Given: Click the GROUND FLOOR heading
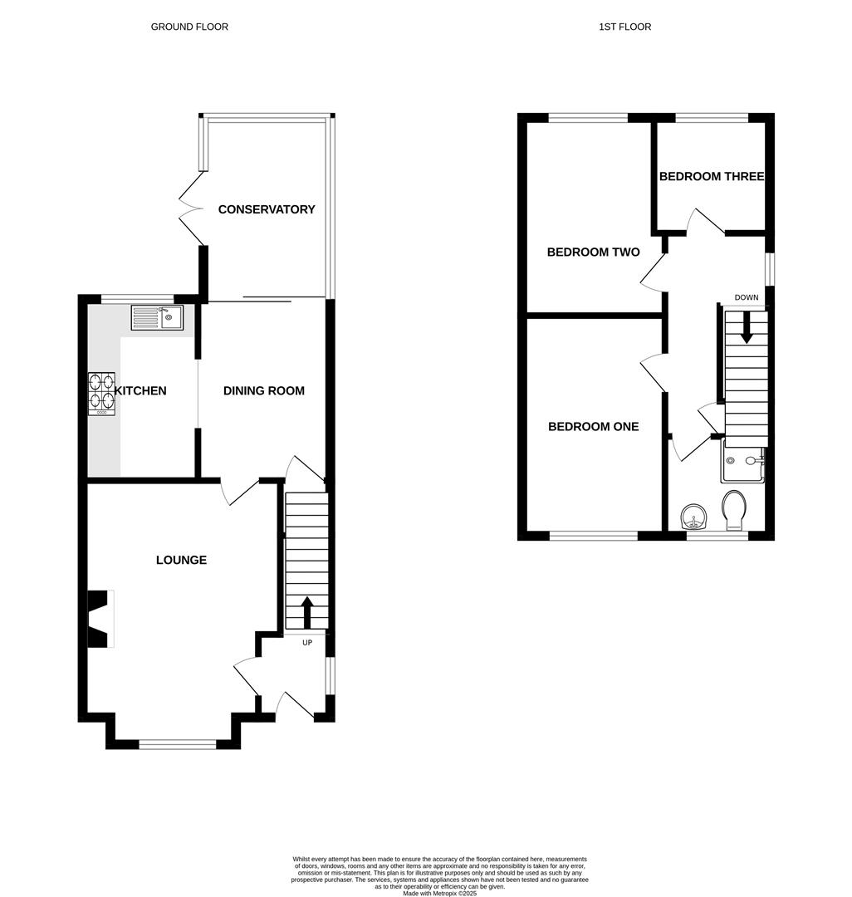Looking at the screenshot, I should [189, 27].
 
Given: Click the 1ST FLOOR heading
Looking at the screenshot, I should [624, 27].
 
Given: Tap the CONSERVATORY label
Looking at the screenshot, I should [267, 209].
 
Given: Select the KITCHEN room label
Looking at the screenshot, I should [141, 390].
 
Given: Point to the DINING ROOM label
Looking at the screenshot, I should [263, 390].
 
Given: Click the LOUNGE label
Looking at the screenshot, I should [181, 560].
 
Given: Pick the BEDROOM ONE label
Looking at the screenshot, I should [593, 426].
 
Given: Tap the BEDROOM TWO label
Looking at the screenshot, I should [593, 252].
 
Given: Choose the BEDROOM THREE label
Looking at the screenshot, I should [712, 176].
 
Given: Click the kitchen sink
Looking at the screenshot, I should [157, 317].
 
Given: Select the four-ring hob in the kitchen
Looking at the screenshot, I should [101, 393].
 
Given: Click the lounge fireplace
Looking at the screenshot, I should [100, 618].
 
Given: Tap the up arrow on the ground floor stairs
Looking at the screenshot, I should [307, 613].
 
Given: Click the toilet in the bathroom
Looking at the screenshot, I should [734, 509].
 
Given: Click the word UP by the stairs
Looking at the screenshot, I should [307, 643].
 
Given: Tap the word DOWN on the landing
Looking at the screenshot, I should [746, 297].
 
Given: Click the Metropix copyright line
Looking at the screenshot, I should [440, 893].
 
